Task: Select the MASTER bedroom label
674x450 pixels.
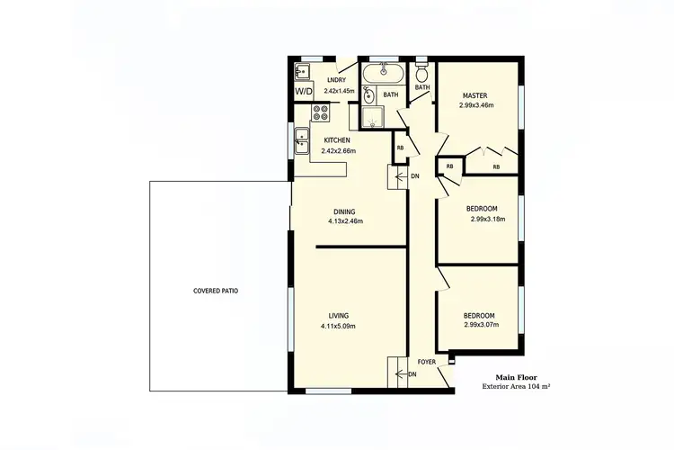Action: pyautogui.click(x=475, y=95)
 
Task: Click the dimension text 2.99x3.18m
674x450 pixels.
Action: pyautogui.click(x=488, y=219)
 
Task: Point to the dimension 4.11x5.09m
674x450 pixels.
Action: pyautogui.click(x=339, y=326)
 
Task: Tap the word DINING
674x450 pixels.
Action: pyautogui.click(x=345, y=211)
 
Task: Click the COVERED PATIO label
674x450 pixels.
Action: pyautogui.click(x=216, y=291)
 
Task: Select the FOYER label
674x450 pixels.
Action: pyautogui.click(x=427, y=362)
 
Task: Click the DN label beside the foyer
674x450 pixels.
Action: pyautogui.click(x=412, y=373)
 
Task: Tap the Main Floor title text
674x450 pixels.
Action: pyautogui.click(x=518, y=378)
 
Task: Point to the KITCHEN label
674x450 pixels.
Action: pyautogui.click(x=337, y=140)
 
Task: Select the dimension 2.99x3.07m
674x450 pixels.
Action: pyautogui.click(x=481, y=325)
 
